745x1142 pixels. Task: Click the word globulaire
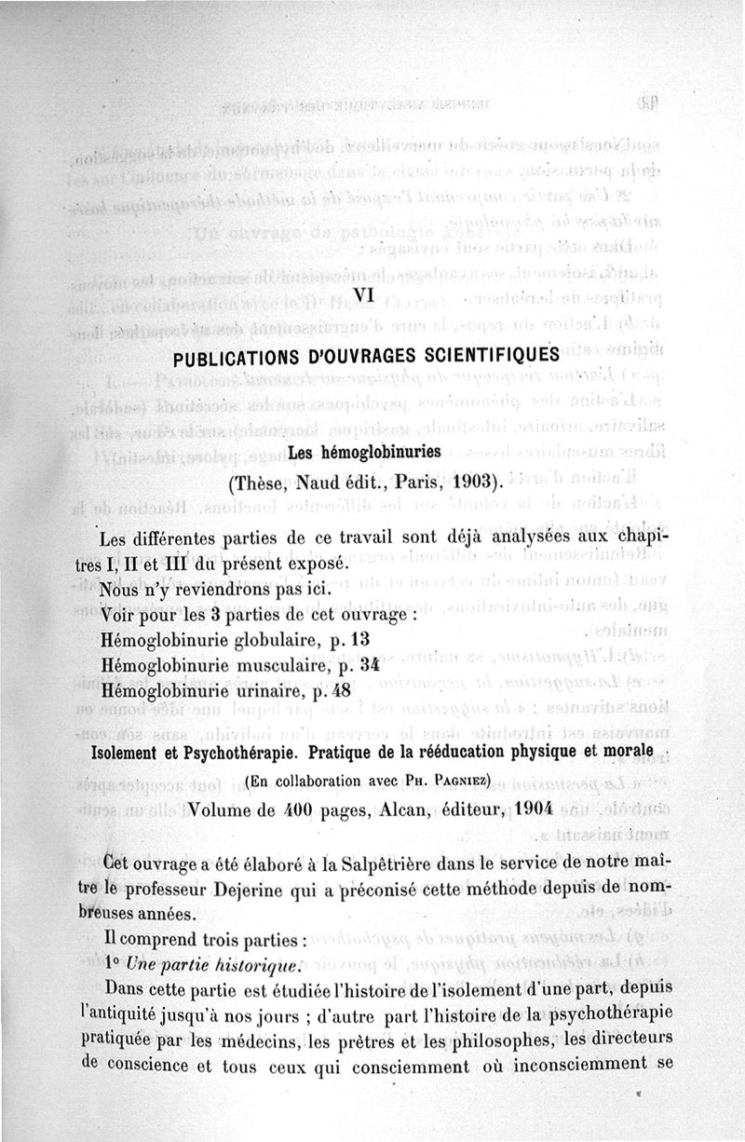click(279, 638)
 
